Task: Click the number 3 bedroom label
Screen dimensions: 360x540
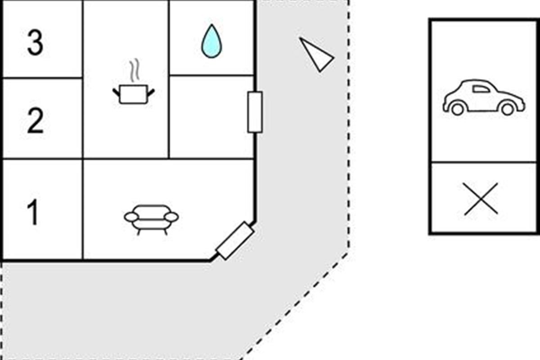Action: (x=35, y=43)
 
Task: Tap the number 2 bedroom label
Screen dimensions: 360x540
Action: (x=35, y=121)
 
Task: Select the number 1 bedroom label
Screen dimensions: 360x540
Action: (x=33, y=213)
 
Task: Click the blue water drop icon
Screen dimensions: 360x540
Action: (x=211, y=41)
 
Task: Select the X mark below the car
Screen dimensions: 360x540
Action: (x=481, y=198)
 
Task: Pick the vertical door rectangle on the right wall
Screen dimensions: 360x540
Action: (x=255, y=112)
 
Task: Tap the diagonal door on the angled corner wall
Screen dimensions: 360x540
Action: (x=235, y=241)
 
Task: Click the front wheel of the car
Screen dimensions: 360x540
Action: (x=507, y=109)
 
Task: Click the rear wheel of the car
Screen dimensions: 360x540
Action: (x=457, y=109)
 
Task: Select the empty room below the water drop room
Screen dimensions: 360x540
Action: (x=211, y=117)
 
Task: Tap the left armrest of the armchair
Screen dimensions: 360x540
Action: (x=131, y=217)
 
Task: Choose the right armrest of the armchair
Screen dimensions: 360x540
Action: (x=171, y=217)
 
